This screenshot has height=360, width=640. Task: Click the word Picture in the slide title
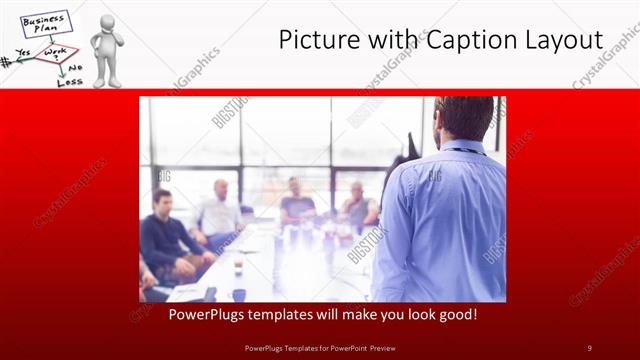318,40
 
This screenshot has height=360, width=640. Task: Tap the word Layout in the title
561,40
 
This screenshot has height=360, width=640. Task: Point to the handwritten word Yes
23,52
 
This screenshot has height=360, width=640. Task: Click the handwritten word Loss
69,81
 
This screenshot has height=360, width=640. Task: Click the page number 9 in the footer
589,347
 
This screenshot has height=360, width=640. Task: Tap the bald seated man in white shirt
220,210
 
